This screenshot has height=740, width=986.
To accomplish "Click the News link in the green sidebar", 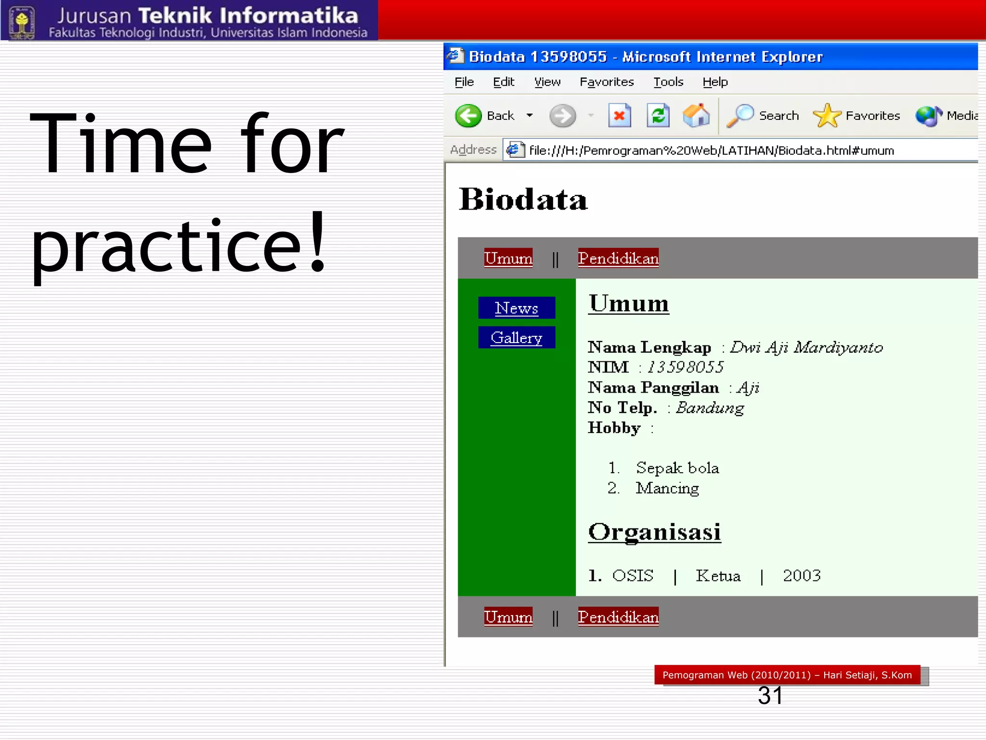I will (x=516, y=308).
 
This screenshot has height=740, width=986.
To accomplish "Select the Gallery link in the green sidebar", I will (x=516, y=338).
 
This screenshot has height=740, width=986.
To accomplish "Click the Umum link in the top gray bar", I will (x=508, y=258).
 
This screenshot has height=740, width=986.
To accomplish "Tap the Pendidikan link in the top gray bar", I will (x=618, y=258).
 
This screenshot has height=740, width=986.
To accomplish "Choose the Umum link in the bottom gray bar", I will (x=508, y=617).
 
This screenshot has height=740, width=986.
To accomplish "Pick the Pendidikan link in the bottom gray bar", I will (x=618, y=617).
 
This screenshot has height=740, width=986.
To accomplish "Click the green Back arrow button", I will (x=468, y=116).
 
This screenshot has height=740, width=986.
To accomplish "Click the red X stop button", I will (x=620, y=116).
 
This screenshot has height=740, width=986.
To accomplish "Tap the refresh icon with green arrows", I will (x=658, y=116).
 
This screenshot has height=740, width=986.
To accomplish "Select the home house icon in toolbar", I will (x=696, y=116).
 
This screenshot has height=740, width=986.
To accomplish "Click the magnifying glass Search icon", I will (x=739, y=116).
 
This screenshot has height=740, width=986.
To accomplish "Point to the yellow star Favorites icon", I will (x=826, y=116).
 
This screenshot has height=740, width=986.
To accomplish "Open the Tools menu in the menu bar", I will (x=668, y=82).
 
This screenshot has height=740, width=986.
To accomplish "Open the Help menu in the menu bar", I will (x=715, y=82).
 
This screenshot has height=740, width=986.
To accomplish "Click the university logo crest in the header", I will (x=22, y=21).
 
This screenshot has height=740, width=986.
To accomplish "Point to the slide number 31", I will (x=770, y=695).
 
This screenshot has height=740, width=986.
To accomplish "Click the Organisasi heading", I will (x=654, y=532).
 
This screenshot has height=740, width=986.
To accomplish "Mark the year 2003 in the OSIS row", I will (x=802, y=575).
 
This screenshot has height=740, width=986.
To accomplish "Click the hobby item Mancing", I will (x=667, y=488).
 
